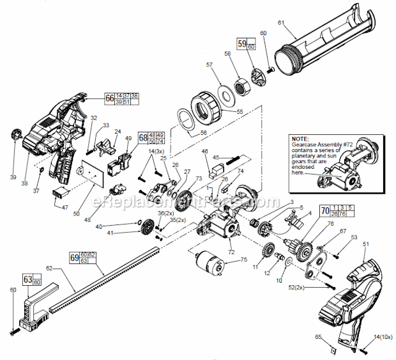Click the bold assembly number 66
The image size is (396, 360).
coord(109,98)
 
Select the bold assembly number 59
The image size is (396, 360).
coord(241,43)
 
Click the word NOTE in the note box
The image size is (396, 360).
coord(300,138)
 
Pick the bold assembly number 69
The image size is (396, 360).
coord(73,258)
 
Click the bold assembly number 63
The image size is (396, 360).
coord(27,279)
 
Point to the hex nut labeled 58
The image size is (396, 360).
coord(243,85)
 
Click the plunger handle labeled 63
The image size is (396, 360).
coord(35,310)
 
